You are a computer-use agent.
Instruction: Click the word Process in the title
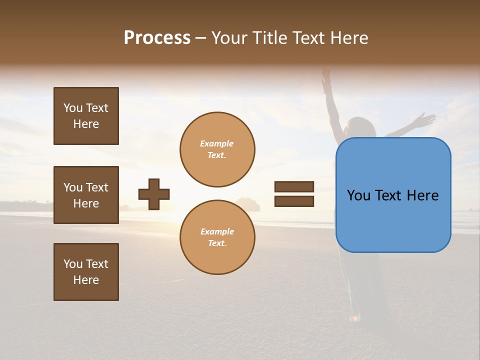(157, 38)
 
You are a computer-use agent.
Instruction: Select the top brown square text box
(86, 116)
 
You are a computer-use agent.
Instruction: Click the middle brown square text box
(86, 195)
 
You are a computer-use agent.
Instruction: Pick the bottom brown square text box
(86, 272)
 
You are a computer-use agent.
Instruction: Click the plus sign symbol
(154, 194)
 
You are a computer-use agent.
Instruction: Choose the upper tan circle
(217, 149)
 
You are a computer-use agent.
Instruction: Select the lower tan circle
(217, 237)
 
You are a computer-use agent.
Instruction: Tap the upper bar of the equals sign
(294, 186)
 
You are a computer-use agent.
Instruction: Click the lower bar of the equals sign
(294, 201)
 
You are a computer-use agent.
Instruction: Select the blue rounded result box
(393, 195)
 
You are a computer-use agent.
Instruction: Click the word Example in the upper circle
(217, 143)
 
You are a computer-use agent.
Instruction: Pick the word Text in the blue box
(400, 195)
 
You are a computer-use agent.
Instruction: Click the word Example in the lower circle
(217, 231)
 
